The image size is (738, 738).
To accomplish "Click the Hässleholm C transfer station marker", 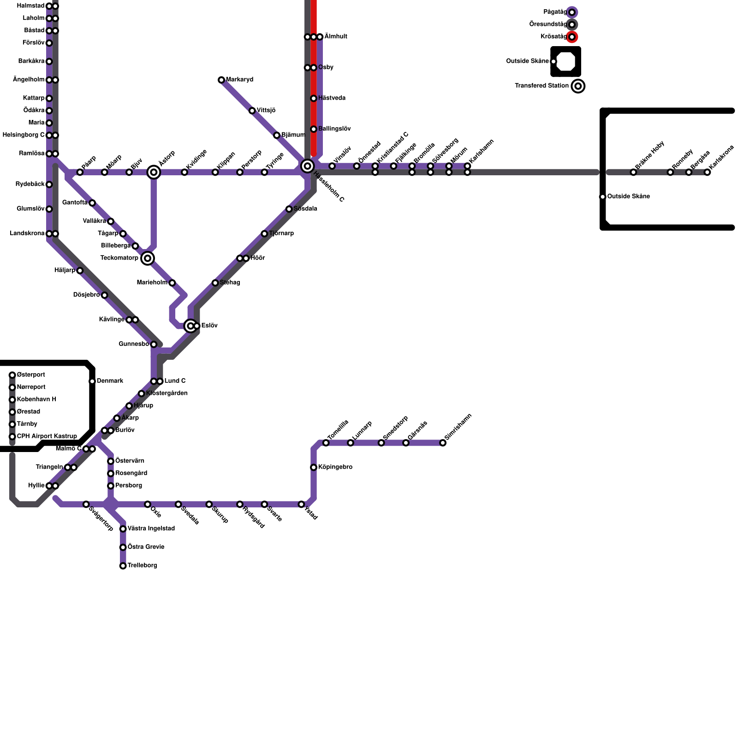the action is click(x=308, y=166).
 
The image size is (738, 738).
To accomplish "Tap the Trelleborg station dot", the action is click(x=123, y=566).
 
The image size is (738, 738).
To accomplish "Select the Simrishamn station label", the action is click(x=458, y=427).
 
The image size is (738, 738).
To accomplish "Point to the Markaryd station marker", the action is click(x=221, y=80).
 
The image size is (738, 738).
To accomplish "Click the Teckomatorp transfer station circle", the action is click(x=148, y=258).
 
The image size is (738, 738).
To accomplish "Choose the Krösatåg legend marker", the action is click(x=572, y=37).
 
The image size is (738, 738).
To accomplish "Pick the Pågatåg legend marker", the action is click(x=572, y=12).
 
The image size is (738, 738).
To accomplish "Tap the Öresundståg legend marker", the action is click(x=572, y=24).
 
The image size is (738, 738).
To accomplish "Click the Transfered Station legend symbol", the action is click(x=578, y=86).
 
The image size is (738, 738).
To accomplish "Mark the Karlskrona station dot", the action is click(x=708, y=173).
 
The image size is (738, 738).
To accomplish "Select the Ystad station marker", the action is click(x=301, y=505).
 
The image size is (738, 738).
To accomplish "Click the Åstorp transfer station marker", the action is click(x=154, y=173).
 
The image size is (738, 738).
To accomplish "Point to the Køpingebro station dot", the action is click(x=314, y=468).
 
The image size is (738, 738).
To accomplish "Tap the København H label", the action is click(x=36, y=399).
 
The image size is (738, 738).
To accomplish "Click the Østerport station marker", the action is click(x=12, y=375).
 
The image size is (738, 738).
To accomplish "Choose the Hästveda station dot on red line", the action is click(x=314, y=99).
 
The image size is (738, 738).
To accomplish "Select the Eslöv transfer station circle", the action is click(x=190, y=326).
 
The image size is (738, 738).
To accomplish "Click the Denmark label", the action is click(x=110, y=381).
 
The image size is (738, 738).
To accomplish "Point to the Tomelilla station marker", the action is click(x=326, y=443).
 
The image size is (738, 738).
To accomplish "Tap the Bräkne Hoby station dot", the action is click(x=634, y=173).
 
